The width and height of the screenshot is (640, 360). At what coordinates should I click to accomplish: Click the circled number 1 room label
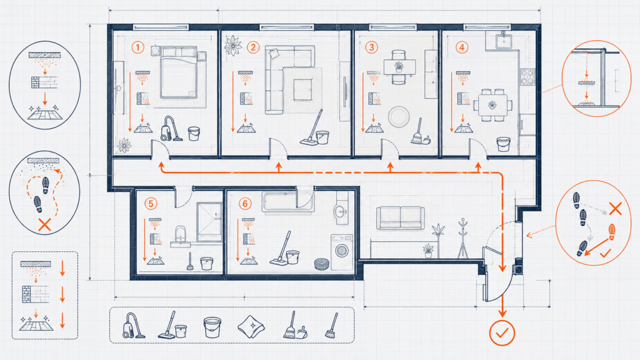(x=138, y=47)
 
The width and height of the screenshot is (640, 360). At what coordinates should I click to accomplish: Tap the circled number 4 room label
(x=462, y=47)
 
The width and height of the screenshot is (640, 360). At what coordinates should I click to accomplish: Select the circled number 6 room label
(x=245, y=203)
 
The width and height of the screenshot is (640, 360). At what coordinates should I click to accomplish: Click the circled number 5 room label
(x=151, y=203)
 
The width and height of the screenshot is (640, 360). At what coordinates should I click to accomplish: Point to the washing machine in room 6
(x=342, y=252)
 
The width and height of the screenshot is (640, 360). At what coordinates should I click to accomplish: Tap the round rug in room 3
(x=398, y=116)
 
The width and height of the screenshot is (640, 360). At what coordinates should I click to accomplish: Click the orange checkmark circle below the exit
(x=502, y=333)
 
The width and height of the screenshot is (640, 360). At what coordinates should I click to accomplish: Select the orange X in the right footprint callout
(x=615, y=209)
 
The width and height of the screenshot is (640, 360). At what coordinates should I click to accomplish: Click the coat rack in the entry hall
(x=462, y=238)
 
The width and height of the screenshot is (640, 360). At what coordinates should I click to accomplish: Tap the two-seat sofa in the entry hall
(x=401, y=218)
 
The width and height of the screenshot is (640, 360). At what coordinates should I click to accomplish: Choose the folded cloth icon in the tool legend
(x=251, y=326)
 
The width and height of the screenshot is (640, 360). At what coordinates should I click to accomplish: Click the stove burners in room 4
(x=527, y=77)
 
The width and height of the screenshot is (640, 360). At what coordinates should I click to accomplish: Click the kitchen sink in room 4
(x=504, y=41)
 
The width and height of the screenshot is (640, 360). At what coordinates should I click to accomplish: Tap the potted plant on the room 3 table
(x=399, y=66)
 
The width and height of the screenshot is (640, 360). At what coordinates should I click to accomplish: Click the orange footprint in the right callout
(x=611, y=231)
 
